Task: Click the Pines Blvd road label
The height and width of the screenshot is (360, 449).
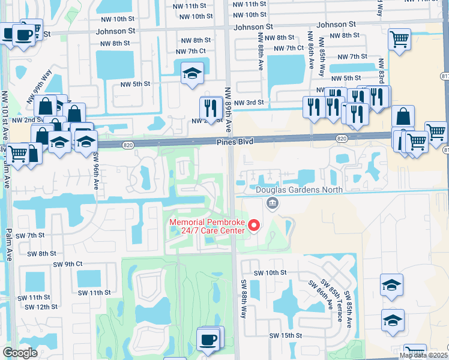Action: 236,141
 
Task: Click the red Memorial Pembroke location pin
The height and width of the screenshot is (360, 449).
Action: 254,226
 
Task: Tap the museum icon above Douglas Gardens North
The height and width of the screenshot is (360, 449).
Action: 273,205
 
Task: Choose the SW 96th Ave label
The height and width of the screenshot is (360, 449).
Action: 95,171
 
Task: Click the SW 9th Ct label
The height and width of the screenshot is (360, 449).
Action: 67,264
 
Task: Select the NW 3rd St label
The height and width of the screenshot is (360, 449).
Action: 249,103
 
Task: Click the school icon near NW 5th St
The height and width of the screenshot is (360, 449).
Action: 192,74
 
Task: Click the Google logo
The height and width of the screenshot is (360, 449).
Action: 20,353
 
